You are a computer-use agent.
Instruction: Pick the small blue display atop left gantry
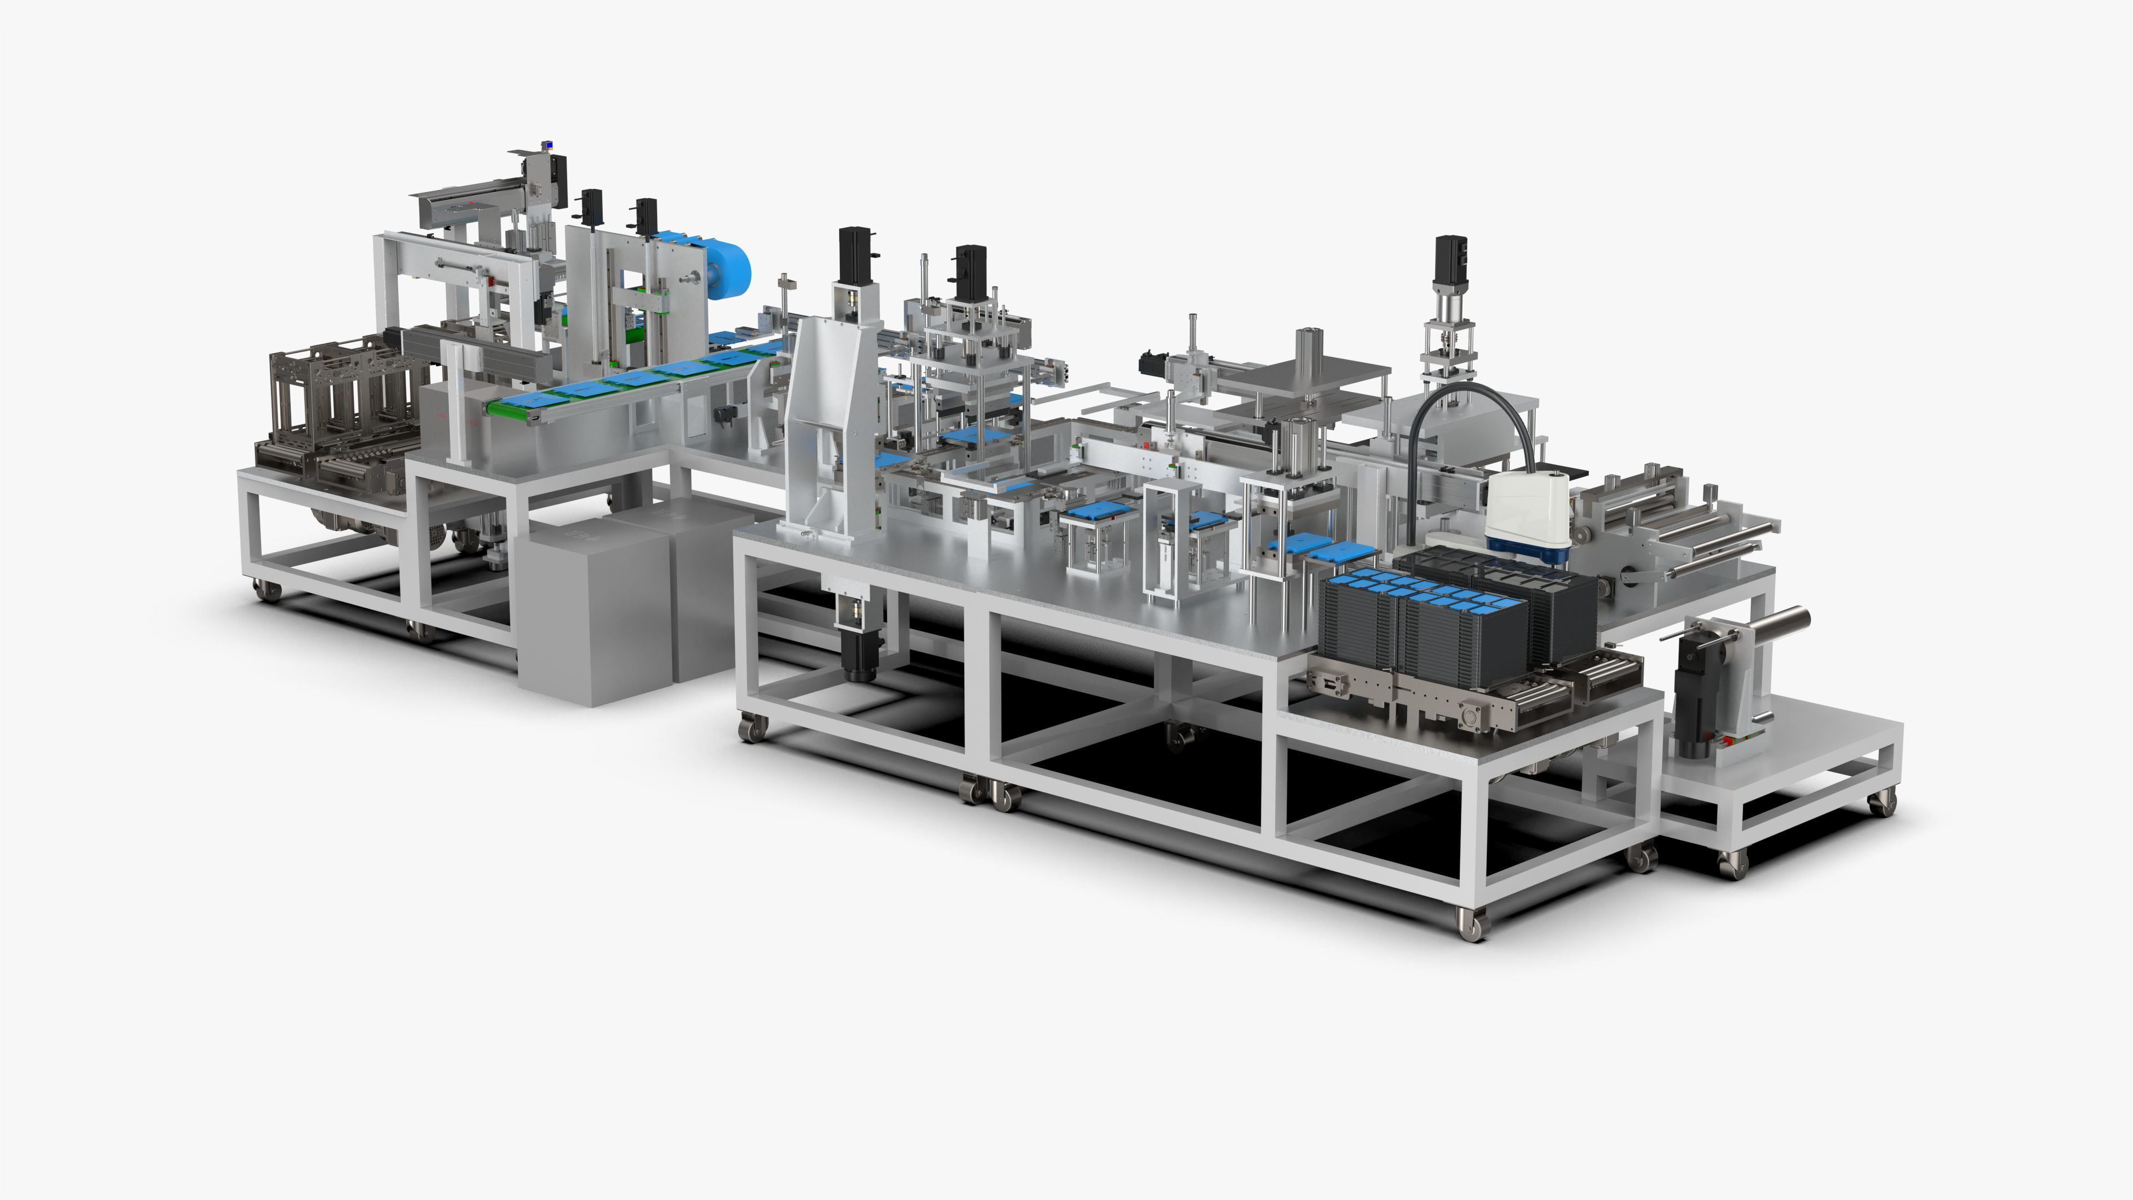[547, 147]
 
